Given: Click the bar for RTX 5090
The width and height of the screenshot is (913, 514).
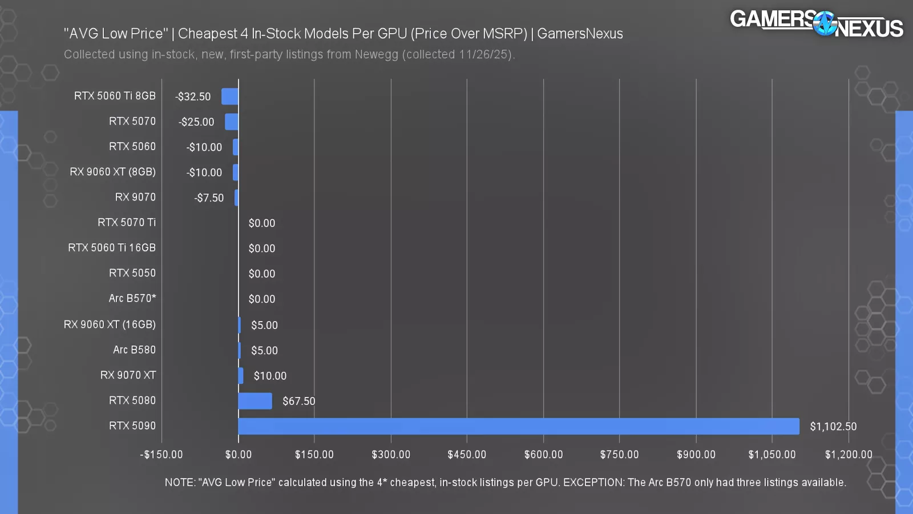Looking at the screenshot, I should [518, 426].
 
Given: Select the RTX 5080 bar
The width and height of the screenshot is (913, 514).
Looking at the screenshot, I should [255, 401].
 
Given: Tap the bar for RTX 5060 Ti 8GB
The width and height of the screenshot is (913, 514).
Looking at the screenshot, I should [230, 97].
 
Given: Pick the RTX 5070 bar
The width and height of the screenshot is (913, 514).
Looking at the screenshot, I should [232, 122].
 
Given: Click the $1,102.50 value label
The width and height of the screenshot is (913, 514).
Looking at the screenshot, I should [833, 427].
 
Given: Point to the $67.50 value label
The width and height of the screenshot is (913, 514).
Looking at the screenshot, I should [298, 401].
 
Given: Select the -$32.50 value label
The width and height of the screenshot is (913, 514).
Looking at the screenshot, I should [193, 97].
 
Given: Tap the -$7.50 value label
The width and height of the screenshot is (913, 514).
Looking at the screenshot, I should [209, 198].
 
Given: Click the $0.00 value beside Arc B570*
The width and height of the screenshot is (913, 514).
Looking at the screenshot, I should [262, 299].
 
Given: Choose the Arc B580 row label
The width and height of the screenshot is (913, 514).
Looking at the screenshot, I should [134, 350].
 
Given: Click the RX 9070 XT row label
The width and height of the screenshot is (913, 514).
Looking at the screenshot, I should [128, 375].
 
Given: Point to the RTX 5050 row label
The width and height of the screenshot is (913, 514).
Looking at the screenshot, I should [132, 273].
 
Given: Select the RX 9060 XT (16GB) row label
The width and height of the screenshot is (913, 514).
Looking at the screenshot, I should [110, 324].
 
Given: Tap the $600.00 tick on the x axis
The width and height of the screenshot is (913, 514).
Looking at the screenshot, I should [543, 455].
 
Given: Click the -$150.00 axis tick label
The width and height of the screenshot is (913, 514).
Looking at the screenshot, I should [161, 455].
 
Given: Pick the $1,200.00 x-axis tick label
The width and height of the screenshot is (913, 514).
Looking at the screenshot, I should [849, 455].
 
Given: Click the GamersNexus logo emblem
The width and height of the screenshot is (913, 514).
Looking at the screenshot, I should [824, 24].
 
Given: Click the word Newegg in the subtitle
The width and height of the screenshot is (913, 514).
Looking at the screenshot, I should [377, 55].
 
